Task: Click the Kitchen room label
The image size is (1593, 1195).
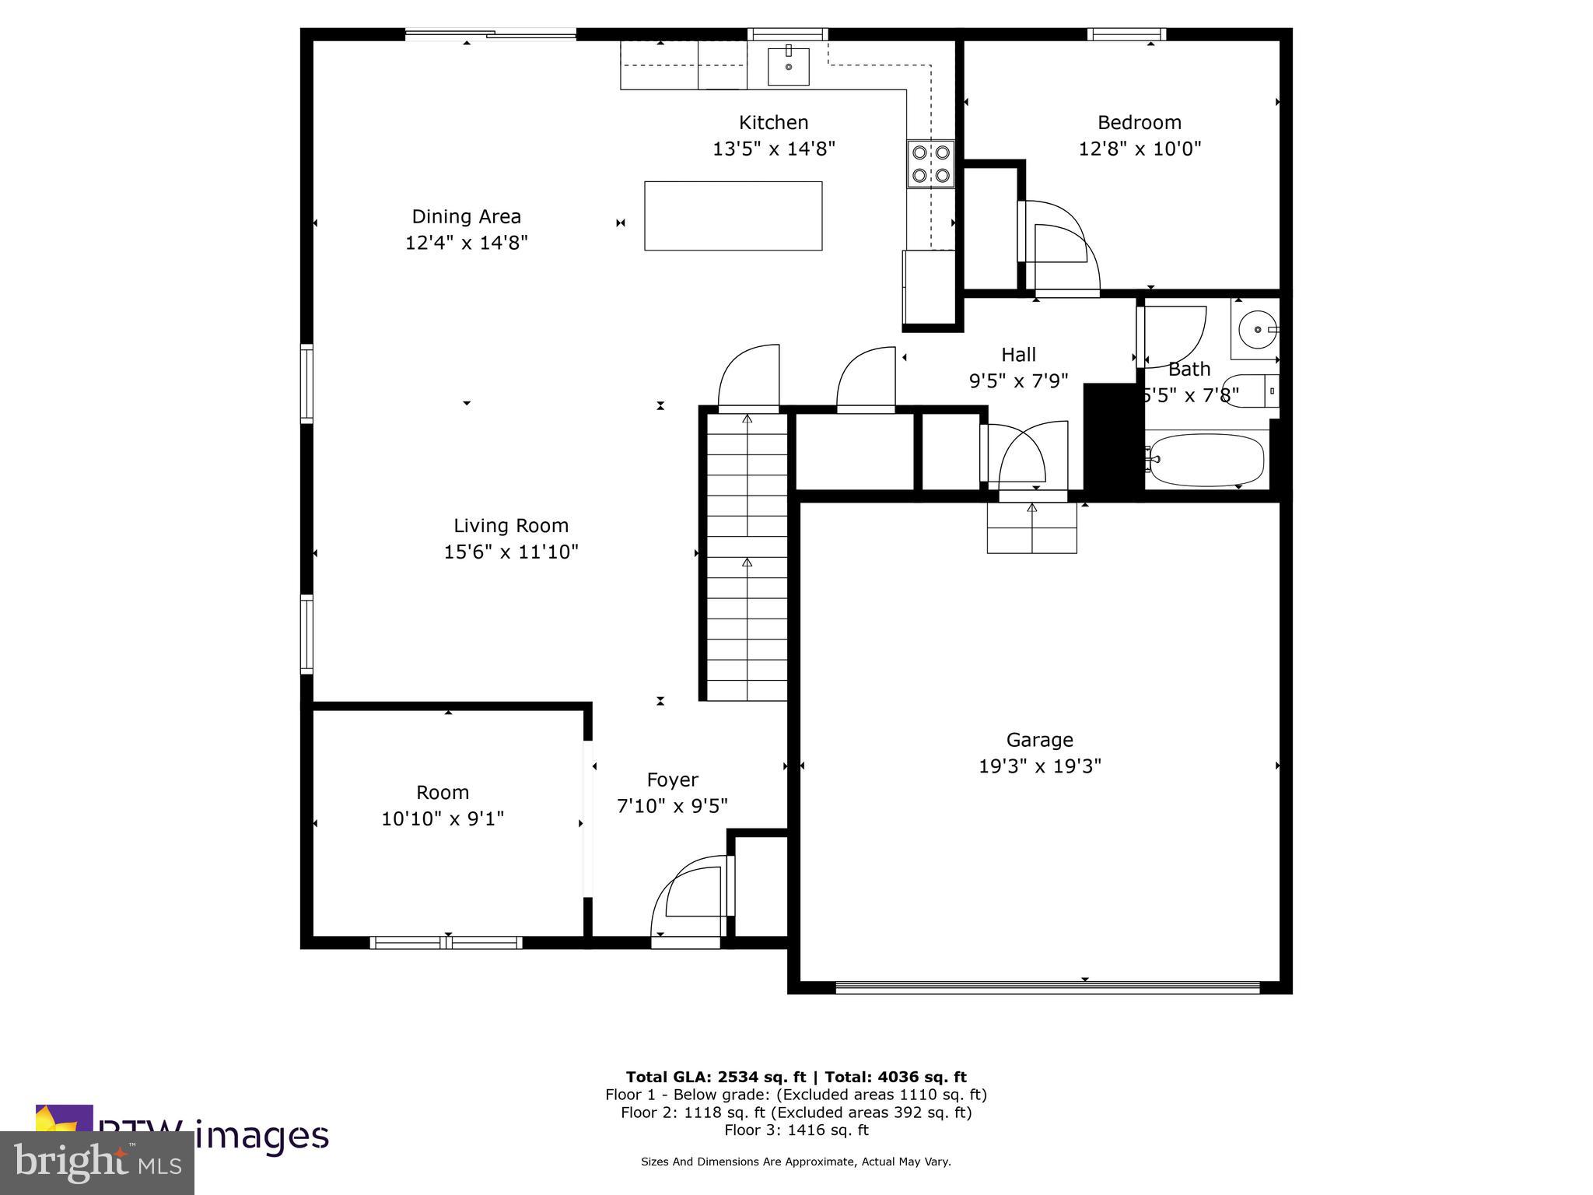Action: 773,122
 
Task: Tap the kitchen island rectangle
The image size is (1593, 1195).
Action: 733,216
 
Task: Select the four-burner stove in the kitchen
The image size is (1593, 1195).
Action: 930,164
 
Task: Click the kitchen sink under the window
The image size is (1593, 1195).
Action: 788,66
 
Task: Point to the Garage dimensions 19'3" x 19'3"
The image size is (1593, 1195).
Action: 1039,766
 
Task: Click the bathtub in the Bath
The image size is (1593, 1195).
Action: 1206,459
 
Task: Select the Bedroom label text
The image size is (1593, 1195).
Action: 1139,122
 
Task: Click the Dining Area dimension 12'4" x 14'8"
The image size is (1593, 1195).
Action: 466,243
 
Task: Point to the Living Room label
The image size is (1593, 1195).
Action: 511,525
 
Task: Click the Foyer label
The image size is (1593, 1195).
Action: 672,780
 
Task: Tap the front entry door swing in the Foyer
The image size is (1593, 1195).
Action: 688,899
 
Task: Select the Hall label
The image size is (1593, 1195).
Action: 1018,355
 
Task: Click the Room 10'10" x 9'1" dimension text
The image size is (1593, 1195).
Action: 443,818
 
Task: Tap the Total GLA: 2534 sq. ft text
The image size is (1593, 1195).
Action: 716,1077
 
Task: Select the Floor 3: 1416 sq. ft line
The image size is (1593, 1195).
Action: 796,1130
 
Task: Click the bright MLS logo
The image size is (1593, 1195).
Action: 97,1163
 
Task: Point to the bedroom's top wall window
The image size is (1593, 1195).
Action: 1126,34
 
